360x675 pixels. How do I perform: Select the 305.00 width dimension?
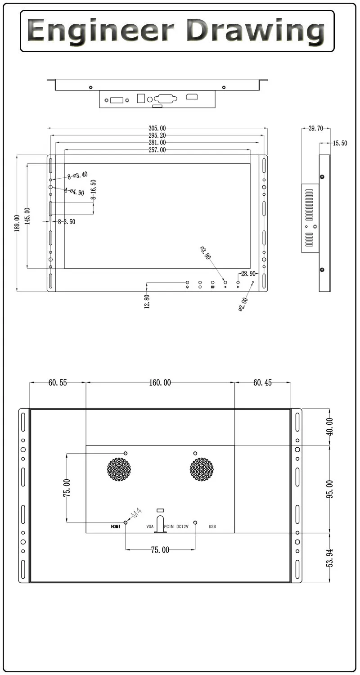click(x=157, y=128)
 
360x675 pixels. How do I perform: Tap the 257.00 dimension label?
click(x=157, y=150)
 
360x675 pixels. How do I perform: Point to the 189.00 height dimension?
click(x=17, y=223)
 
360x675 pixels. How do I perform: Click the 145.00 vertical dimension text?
click(x=27, y=216)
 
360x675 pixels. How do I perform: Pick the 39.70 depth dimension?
click(x=315, y=128)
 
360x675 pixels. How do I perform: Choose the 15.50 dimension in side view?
click(x=340, y=144)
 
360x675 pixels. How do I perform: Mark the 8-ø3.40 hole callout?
click(x=77, y=175)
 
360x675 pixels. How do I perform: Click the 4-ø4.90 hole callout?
click(x=74, y=192)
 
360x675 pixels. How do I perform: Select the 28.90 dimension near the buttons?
click(x=248, y=274)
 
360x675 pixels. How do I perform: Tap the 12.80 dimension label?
click(x=146, y=301)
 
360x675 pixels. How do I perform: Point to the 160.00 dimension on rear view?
click(x=160, y=383)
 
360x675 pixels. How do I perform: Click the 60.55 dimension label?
click(x=58, y=383)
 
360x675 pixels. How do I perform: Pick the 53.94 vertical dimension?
click(x=330, y=558)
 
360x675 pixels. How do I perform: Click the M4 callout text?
click(x=136, y=513)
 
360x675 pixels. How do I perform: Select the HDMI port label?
click(x=116, y=526)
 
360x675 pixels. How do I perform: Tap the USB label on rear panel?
click(x=212, y=526)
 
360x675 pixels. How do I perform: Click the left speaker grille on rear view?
click(x=119, y=469)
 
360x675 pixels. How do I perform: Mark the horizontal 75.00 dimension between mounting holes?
click(x=160, y=550)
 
